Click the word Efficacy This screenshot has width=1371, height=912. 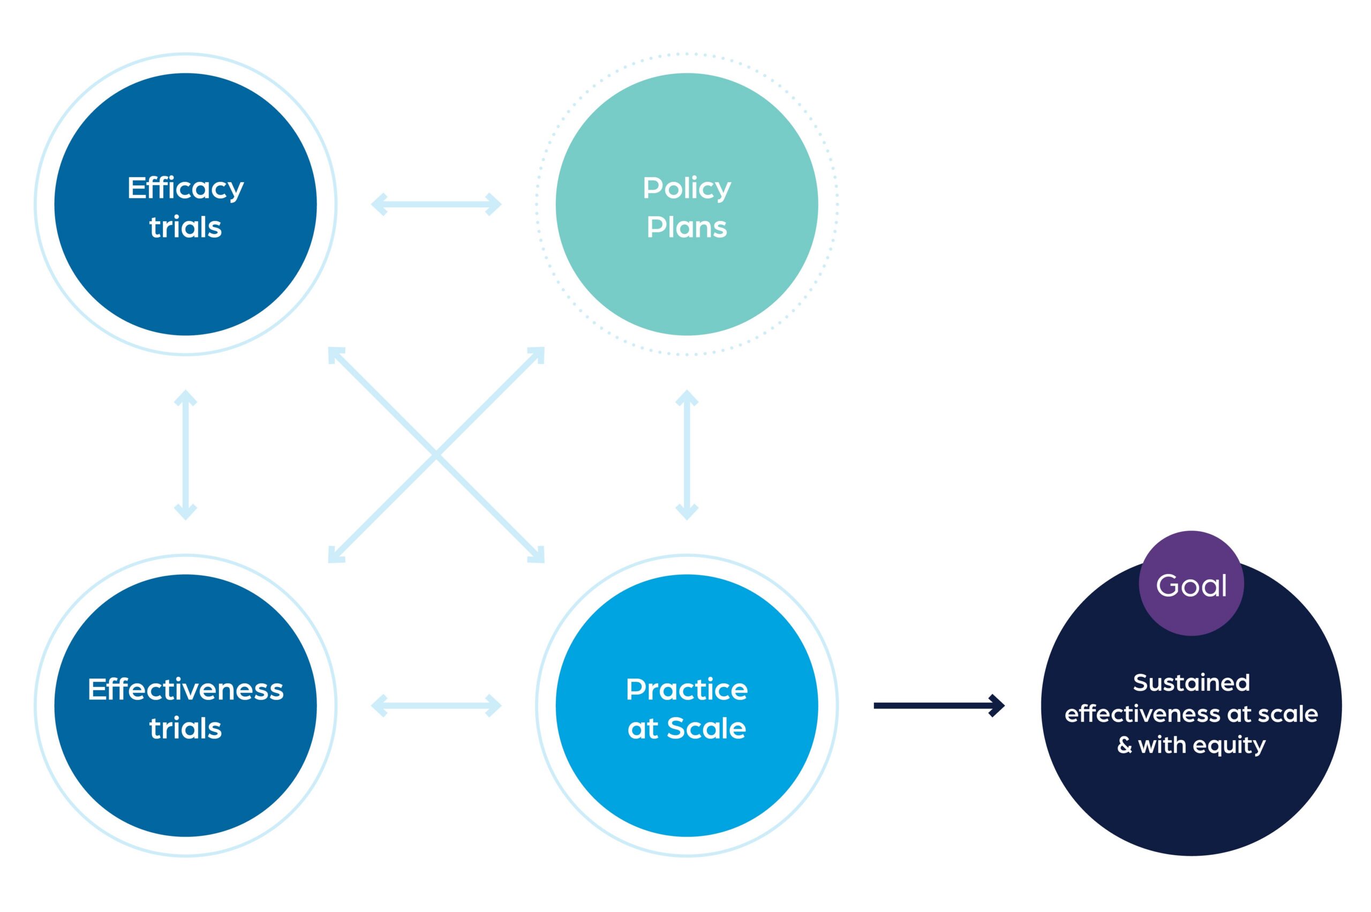point(185,189)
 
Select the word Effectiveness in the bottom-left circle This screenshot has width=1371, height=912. point(185,690)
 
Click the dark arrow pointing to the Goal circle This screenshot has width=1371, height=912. point(938,705)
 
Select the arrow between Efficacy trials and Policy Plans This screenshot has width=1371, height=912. point(436,204)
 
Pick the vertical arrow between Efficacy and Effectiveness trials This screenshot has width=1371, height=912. point(185,454)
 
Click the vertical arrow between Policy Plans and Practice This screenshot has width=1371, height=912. point(687,454)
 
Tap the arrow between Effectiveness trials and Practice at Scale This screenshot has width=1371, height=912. point(436,705)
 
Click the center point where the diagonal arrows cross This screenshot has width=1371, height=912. point(436,454)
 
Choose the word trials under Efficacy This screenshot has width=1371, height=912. point(185,227)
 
